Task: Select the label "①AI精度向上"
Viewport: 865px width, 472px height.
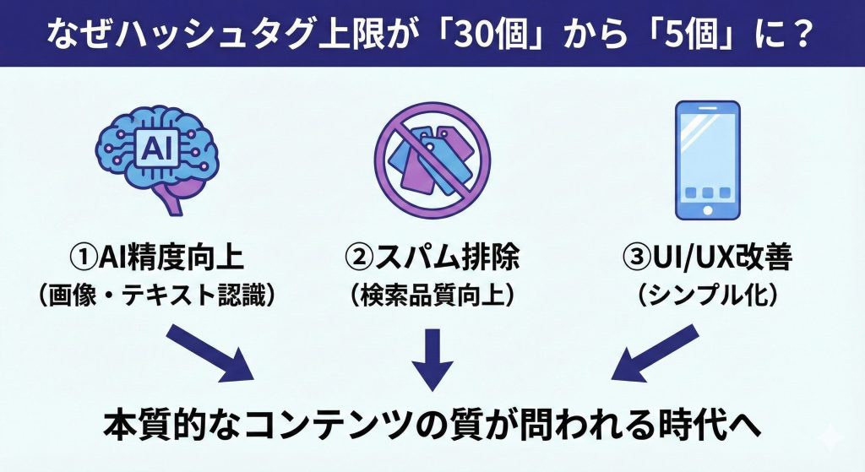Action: click(157, 258)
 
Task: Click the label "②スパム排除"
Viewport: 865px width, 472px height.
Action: click(432, 258)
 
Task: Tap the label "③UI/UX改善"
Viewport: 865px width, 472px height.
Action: click(708, 258)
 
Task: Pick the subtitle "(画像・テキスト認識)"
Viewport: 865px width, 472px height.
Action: click(157, 296)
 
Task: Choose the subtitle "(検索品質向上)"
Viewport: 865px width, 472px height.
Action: click(432, 296)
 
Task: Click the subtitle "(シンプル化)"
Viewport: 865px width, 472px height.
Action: click(708, 296)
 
